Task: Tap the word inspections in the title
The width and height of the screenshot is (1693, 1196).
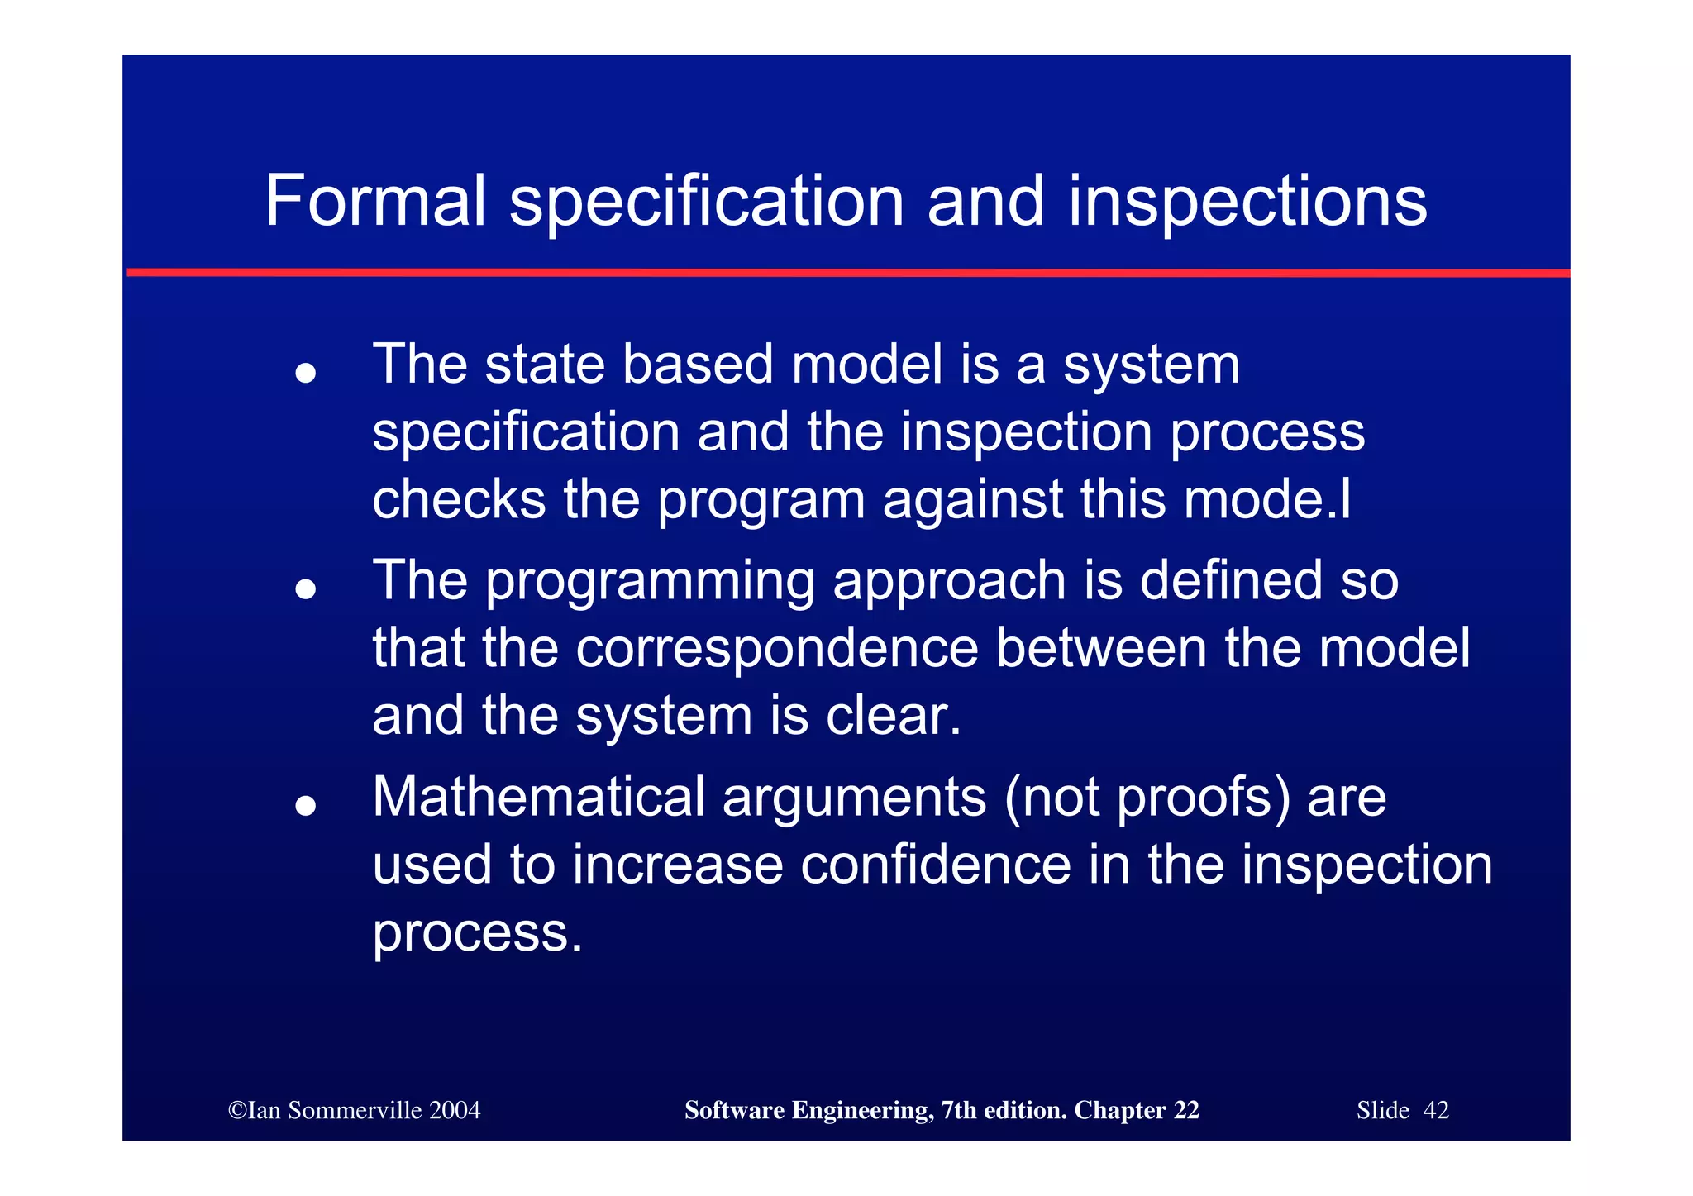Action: [1247, 203]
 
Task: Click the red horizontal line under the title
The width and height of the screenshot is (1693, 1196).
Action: [847, 272]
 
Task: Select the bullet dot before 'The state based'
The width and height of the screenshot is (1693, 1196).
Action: [306, 373]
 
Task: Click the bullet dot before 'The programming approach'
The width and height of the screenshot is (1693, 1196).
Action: [306, 588]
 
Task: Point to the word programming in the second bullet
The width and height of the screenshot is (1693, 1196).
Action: [649, 581]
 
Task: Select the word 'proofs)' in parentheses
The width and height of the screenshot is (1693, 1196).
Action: [1204, 798]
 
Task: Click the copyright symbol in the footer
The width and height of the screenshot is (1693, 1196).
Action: [237, 1110]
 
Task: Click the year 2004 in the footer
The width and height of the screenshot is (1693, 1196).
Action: [454, 1110]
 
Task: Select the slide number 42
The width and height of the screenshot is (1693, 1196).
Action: [1436, 1110]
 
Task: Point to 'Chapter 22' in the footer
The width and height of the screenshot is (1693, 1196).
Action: [1136, 1110]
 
